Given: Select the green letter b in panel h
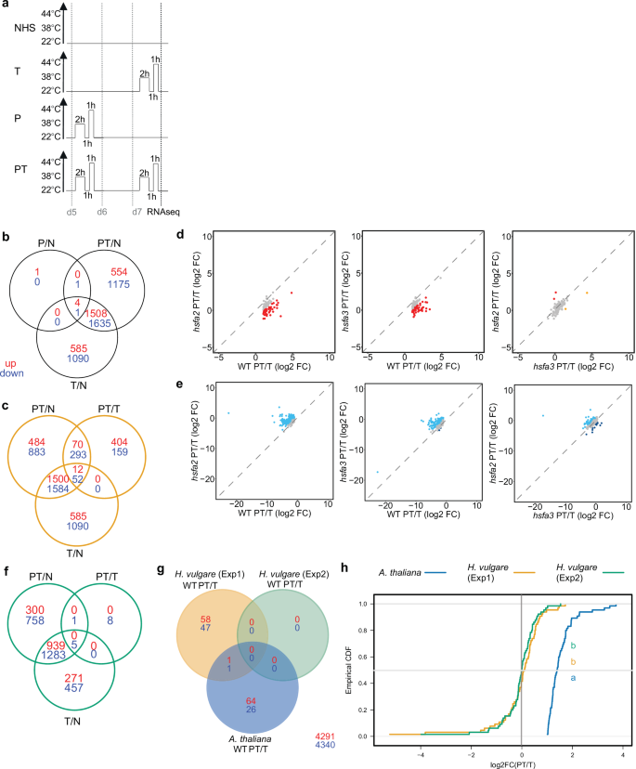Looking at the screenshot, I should pyautogui.click(x=575, y=645).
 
